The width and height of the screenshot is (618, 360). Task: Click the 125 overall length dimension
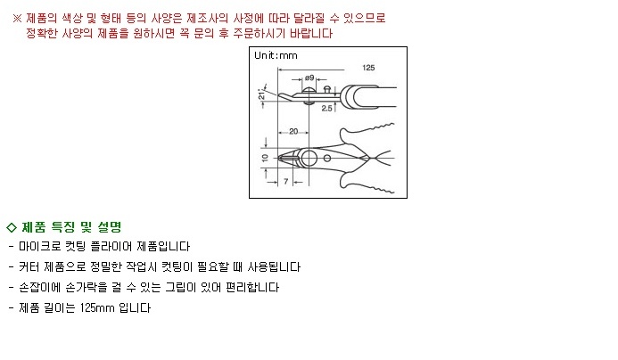[x=368, y=68]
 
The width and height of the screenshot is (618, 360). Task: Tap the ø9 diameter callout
[x=309, y=78]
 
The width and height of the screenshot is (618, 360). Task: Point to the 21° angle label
[x=261, y=94]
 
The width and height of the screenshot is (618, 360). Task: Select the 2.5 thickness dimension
[x=326, y=109]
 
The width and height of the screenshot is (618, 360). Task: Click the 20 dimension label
[x=293, y=131]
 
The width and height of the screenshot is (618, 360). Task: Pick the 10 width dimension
[x=265, y=158]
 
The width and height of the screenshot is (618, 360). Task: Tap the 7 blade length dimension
[x=286, y=181]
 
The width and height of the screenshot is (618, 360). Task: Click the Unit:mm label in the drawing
[x=276, y=55]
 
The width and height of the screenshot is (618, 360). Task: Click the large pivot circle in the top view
[x=309, y=159]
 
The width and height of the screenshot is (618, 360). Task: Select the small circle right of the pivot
[x=327, y=159]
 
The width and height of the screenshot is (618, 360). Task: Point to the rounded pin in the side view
[x=326, y=89]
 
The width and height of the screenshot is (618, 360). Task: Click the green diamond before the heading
[x=12, y=227]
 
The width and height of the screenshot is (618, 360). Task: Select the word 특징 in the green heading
[x=63, y=227]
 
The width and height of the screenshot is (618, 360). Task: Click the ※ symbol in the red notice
[x=17, y=18]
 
